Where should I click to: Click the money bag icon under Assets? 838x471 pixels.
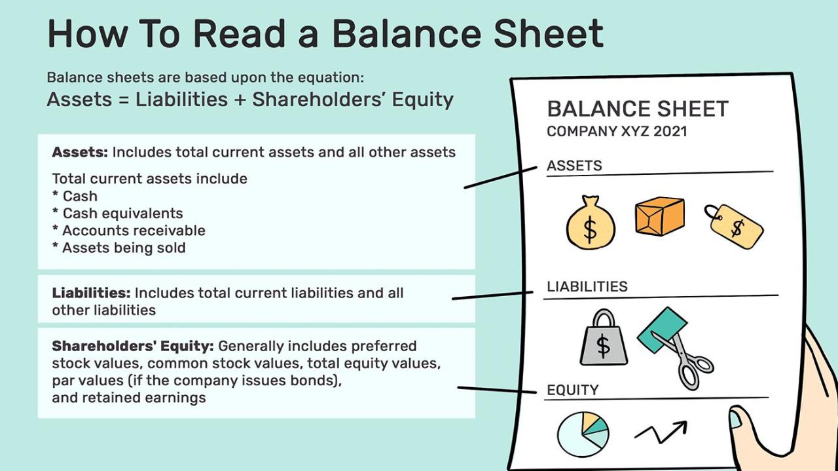[x=590, y=225]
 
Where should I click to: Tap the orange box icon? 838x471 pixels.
[x=659, y=216]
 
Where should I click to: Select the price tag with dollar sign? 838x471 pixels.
[x=735, y=226]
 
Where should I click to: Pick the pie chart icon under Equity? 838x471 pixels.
[x=583, y=434]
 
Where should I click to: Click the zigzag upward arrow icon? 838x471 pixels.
[x=661, y=432]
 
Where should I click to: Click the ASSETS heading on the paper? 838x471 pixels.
[x=574, y=166]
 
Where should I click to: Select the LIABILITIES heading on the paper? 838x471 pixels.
[x=587, y=286]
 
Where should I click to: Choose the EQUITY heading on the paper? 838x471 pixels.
[x=572, y=390]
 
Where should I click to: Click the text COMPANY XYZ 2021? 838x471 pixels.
[x=617, y=131]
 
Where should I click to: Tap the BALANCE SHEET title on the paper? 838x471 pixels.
[x=637, y=109]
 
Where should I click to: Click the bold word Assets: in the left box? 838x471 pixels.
[x=80, y=152]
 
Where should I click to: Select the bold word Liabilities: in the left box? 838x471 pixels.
[x=91, y=293]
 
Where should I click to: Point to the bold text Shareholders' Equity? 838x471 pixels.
[x=133, y=345]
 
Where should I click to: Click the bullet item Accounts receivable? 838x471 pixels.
[x=134, y=231]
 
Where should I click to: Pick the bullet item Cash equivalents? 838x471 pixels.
[x=122, y=213]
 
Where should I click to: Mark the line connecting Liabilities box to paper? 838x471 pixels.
[x=498, y=296]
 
